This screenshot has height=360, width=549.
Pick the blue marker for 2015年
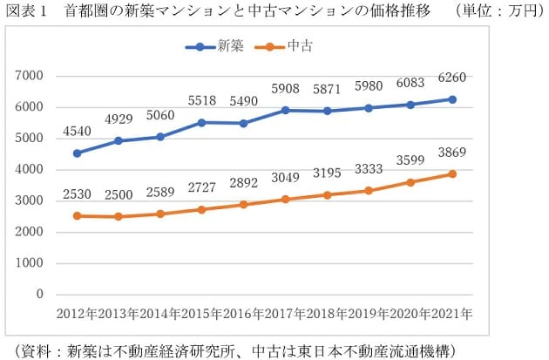[x=202, y=122]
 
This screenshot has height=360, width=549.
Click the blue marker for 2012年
[x=78, y=153]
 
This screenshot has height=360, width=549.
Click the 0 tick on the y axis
[x=40, y=295]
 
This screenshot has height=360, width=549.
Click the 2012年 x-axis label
[x=77, y=313]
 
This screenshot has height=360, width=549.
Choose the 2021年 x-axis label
[x=455, y=313]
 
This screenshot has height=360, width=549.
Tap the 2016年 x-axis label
[x=245, y=313]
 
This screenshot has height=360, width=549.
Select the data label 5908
[x=287, y=88]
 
